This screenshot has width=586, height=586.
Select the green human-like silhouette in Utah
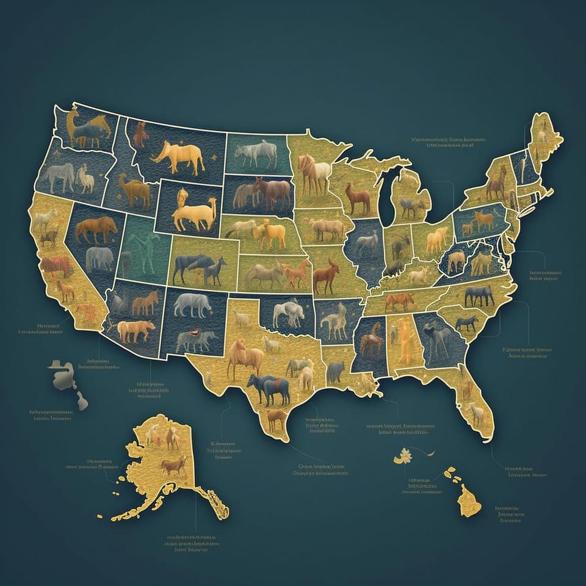pyautogui.click(x=143, y=250)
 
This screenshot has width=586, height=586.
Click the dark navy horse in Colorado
pyautogui.click(x=194, y=267)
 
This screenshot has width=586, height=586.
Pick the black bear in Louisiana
pyautogui.click(x=335, y=372)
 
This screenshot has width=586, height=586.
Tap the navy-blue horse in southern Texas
pyautogui.click(x=269, y=389)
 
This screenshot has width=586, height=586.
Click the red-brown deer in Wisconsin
pyautogui.click(x=357, y=198)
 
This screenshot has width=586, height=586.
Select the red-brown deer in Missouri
pyautogui.click(x=326, y=276)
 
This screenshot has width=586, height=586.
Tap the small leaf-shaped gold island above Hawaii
pyautogui.click(x=403, y=455)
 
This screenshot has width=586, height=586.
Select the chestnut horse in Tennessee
pyautogui.click(x=400, y=300)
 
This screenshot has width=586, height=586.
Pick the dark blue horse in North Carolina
pyautogui.click(x=479, y=295)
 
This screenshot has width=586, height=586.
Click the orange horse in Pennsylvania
pyautogui.click(x=483, y=220)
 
